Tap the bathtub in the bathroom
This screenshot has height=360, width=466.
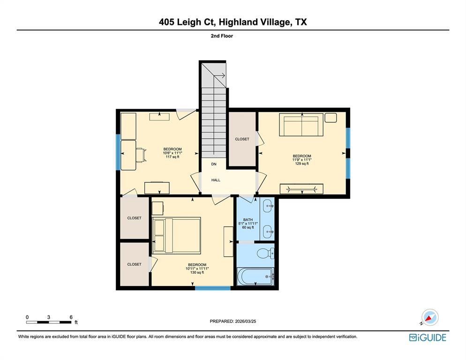coord(256,277)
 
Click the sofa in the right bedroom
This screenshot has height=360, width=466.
coord(300,125)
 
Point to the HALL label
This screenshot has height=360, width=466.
coord(216,180)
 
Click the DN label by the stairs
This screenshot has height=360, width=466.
coord(214,164)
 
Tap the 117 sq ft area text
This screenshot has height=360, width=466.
coord(173,157)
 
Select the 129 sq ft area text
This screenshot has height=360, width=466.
coord(301,164)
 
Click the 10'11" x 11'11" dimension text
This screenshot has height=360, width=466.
coord(197,269)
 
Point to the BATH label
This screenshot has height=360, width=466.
coord(248,220)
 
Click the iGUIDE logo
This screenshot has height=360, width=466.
coord(428,337)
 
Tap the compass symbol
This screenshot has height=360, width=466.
coord(430,317)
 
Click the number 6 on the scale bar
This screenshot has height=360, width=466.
coord(71,317)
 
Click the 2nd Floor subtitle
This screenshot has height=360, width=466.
coord(222,36)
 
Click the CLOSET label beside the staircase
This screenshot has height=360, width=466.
coord(242,139)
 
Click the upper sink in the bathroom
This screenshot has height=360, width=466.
coord(268,205)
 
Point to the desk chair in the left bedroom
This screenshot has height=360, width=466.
coord(140,154)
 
